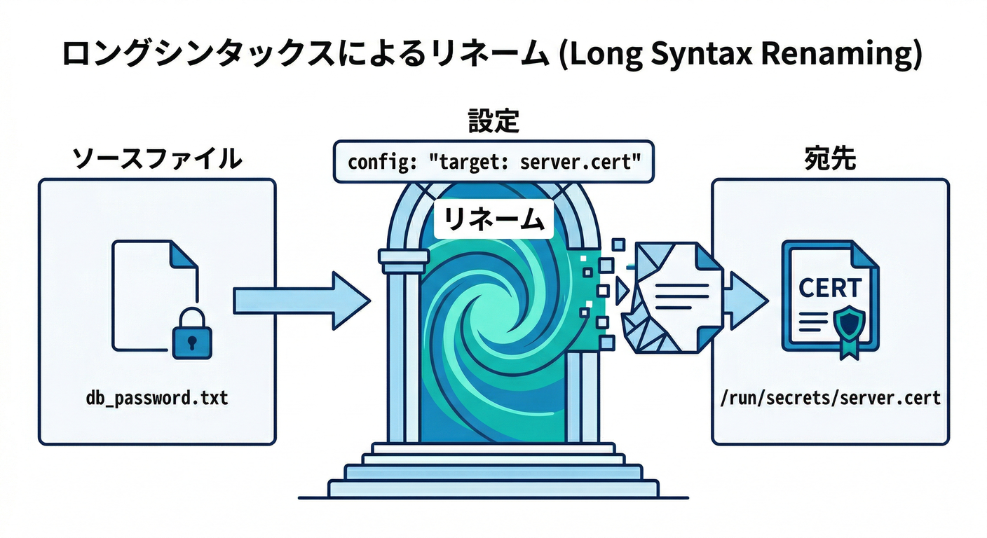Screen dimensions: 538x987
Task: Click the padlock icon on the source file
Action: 192,336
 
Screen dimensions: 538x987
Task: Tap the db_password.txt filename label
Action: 157,399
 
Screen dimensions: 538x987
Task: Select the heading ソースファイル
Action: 158,159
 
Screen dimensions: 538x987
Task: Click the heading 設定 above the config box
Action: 494,121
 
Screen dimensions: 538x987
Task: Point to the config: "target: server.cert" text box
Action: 494,162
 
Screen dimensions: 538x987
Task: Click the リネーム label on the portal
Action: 494,221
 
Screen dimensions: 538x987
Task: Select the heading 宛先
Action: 830,159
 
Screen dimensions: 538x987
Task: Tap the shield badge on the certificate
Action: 849,323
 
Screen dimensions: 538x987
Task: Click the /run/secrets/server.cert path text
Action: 830,399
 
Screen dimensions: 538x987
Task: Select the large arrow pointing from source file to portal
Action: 301,301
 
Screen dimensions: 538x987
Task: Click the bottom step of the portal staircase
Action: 494,488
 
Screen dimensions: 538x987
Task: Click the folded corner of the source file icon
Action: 184,255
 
